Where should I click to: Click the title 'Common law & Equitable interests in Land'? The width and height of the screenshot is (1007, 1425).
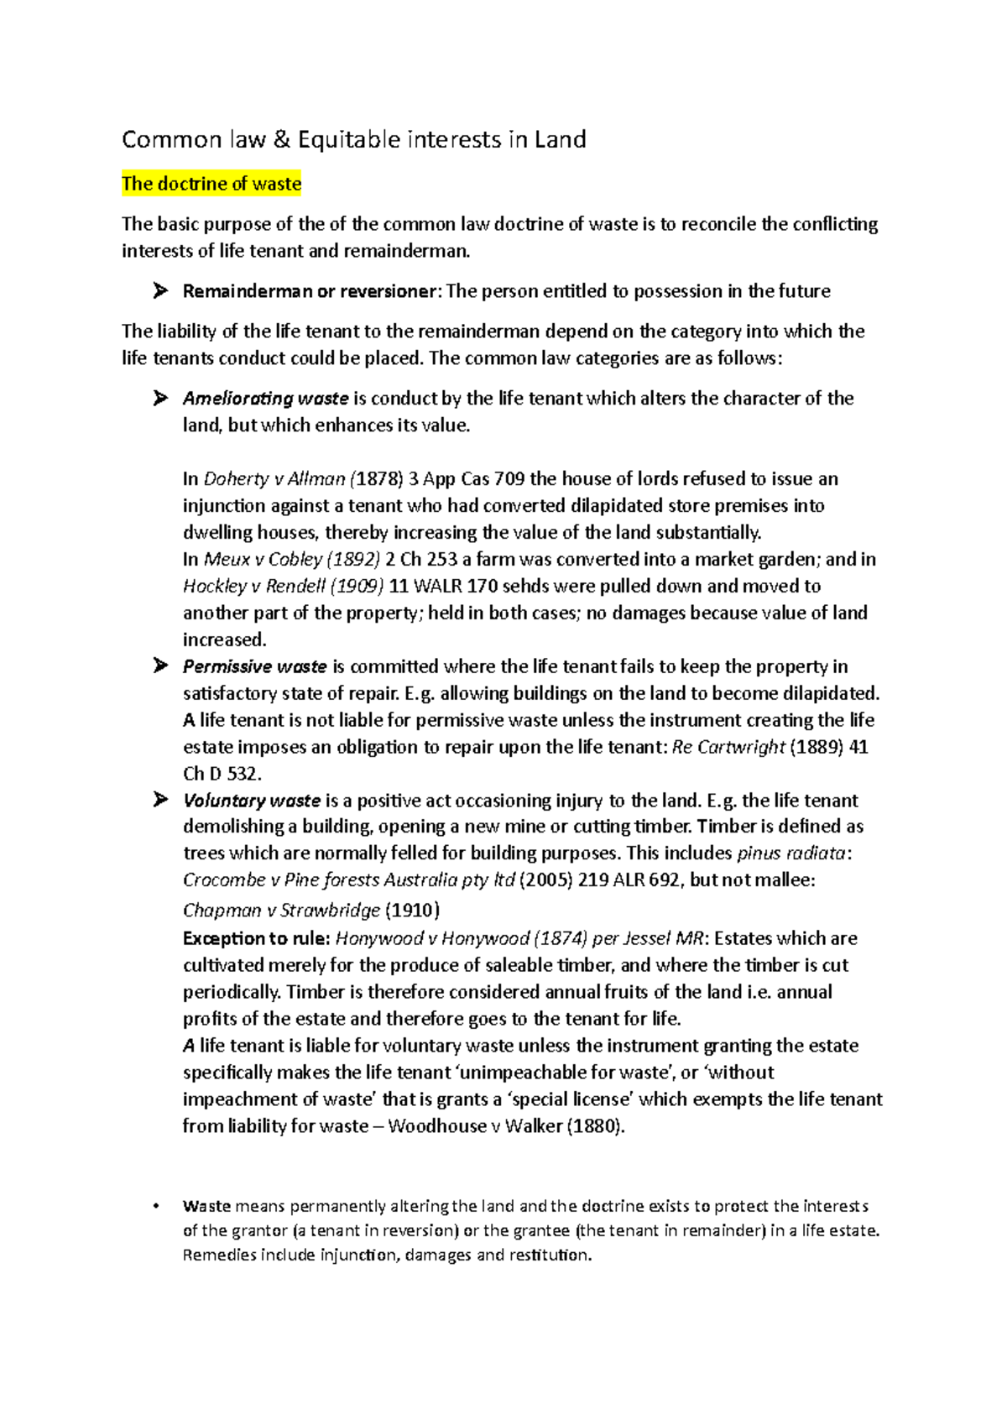point(353,139)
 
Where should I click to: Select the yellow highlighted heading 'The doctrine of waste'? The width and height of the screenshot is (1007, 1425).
point(211,184)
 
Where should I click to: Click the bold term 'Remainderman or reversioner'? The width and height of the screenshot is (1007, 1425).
point(310,291)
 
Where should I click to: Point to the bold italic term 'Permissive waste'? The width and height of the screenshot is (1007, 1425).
point(254,666)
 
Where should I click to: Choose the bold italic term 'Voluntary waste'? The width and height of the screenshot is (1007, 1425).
point(252,801)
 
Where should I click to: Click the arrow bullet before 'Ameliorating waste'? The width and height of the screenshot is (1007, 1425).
point(160,399)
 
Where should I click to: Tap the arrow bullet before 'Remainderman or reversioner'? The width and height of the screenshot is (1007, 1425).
point(160,291)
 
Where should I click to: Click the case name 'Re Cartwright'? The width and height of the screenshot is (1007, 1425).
point(728,747)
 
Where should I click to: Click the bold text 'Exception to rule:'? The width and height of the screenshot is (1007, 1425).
point(256,938)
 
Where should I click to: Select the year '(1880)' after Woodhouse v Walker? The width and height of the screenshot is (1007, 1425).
point(595,1126)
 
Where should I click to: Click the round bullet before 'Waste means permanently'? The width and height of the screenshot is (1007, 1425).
point(156,1207)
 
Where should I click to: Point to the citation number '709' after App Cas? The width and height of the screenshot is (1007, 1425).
point(509,479)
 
